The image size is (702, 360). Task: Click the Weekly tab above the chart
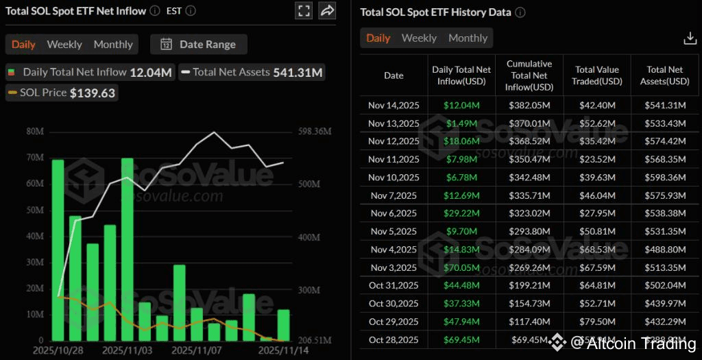pyautogui.click(x=64, y=45)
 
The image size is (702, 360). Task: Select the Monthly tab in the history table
pyautogui.click(x=468, y=38)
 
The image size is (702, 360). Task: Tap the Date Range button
pyautogui.click(x=199, y=45)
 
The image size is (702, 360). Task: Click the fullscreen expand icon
pyautogui.click(x=304, y=10)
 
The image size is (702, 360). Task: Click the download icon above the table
pyautogui.click(x=690, y=38)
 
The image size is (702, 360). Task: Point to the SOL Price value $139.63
pyautogui.click(x=93, y=93)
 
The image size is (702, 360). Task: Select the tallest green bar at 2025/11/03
pyautogui.click(x=128, y=249)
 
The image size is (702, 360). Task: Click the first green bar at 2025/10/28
pyautogui.click(x=58, y=250)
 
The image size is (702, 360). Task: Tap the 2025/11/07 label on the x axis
pyautogui.click(x=196, y=350)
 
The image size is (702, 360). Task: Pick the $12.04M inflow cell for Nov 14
pyautogui.click(x=461, y=106)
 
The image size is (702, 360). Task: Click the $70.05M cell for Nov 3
pyautogui.click(x=461, y=267)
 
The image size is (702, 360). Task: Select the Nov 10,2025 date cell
pyautogui.click(x=394, y=178)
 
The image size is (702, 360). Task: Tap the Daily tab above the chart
pyautogui.click(x=23, y=45)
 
